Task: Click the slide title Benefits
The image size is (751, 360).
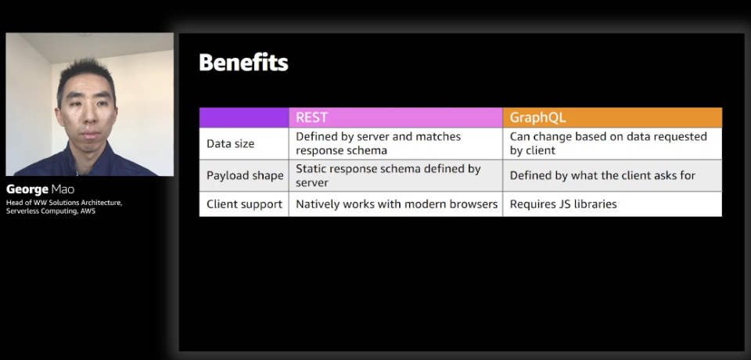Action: tap(243, 63)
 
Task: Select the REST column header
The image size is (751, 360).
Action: tap(396, 117)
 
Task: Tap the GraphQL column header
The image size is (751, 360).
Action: tap(612, 117)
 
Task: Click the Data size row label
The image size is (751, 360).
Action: tap(230, 143)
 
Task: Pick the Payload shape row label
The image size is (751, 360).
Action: tap(245, 175)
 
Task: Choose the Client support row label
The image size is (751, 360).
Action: tap(244, 204)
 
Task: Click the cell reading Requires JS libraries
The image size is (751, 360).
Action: tap(563, 204)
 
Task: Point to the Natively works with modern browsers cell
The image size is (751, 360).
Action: tap(397, 204)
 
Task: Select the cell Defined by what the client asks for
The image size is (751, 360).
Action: tap(602, 175)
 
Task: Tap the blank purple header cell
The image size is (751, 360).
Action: tap(244, 117)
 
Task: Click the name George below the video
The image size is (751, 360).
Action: tap(27, 189)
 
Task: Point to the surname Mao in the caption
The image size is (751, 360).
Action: tap(63, 189)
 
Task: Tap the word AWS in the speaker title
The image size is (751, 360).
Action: tap(88, 211)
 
